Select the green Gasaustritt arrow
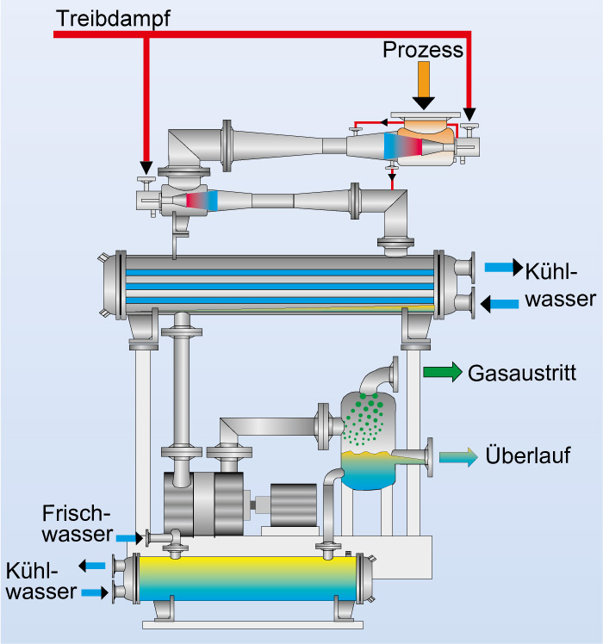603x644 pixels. (x=442, y=373)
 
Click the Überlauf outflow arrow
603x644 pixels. (x=457, y=456)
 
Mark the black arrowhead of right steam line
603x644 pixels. (x=469, y=114)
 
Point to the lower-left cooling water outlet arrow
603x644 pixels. (x=91, y=566)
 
